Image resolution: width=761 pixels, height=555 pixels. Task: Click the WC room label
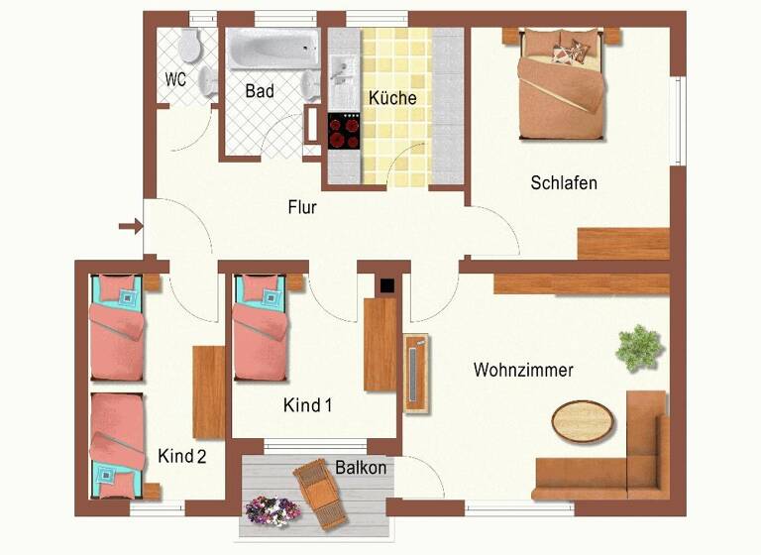tap(175, 79)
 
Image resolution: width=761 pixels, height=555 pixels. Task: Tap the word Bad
tap(260, 91)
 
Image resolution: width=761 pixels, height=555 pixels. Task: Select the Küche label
tap(392, 98)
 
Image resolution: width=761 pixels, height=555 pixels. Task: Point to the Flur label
tap(302, 207)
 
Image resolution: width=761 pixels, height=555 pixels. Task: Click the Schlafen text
tap(564, 182)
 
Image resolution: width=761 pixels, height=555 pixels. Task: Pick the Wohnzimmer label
tap(523, 370)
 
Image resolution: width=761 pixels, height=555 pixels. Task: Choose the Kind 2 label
tap(182, 456)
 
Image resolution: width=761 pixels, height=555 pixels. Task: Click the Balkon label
tap(360, 467)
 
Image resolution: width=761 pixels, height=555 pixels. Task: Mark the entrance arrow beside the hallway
tap(130, 227)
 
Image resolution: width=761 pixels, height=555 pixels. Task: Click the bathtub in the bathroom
tap(273, 49)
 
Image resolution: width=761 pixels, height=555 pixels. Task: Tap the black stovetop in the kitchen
tap(345, 130)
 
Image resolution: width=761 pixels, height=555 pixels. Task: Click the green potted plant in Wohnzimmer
tap(638, 348)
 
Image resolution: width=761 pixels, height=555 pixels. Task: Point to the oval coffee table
tap(583, 420)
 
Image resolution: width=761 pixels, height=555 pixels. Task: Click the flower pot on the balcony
tap(272, 510)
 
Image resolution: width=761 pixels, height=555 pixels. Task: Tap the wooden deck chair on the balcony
tap(321, 493)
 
